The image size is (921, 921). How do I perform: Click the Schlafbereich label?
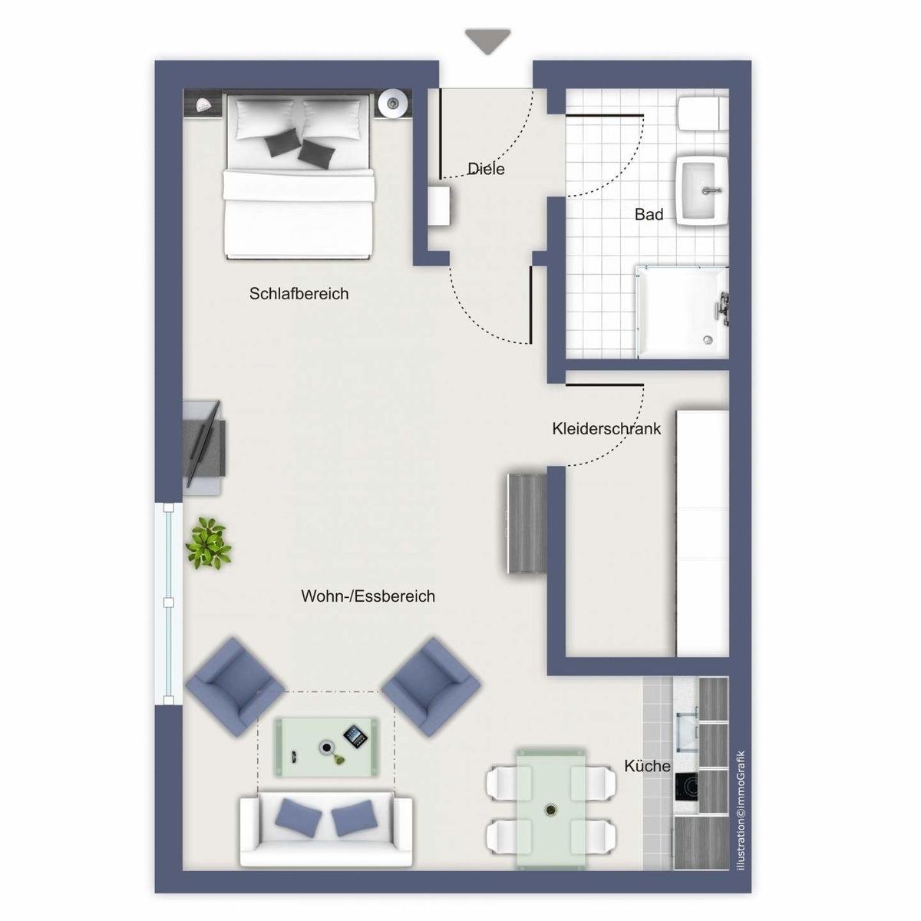[x=299, y=293]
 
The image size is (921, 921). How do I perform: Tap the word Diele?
[x=486, y=169]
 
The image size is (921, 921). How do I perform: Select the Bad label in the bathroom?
[x=649, y=215]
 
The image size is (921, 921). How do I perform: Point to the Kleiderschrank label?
[x=606, y=429]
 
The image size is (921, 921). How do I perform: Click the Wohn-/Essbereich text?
[x=368, y=596]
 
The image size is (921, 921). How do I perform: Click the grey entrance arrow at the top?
[x=487, y=41]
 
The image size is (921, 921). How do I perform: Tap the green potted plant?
[x=209, y=543]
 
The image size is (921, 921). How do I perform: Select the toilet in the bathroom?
[x=703, y=114]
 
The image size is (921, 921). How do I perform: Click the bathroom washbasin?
[x=701, y=190]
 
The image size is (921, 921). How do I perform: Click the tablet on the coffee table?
[x=356, y=737]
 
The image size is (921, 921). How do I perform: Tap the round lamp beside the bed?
[x=393, y=102]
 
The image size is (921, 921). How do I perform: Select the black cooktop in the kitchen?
[x=686, y=786]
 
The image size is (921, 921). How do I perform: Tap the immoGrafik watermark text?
[x=741, y=817]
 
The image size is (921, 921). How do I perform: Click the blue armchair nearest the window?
[x=234, y=688]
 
